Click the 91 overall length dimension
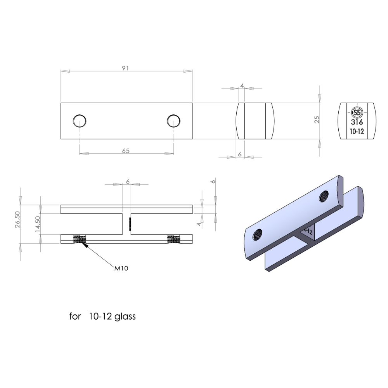pyautogui.click(x=125, y=68)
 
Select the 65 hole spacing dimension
pyautogui.click(x=126, y=151)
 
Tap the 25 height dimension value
pyautogui.click(x=317, y=120)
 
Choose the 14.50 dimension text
pyautogui.click(x=38, y=223)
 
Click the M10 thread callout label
pyautogui.click(x=121, y=268)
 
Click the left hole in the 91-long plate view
pyautogui.click(x=80, y=121)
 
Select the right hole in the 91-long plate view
pyautogui.click(x=173, y=121)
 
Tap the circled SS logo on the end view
pyautogui.click(x=357, y=113)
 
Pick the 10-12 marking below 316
pyautogui.click(x=357, y=132)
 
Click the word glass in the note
pyautogui.click(x=125, y=316)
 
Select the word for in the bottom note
pyautogui.click(x=75, y=316)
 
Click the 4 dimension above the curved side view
pyautogui.click(x=242, y=85)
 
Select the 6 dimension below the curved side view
pyautogui.click(x=239, y=154)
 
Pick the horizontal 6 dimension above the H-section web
pyautogui.click(x=127, y=181)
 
